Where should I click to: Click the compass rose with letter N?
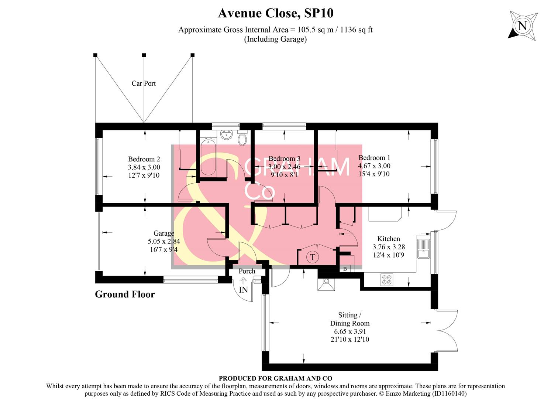(x=522, y=25)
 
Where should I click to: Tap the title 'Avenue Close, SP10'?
(x=275, y=13)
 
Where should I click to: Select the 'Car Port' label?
(x=144, y=83)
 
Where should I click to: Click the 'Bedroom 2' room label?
(x=144, y=159)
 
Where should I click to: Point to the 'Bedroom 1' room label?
(x=374, y=158)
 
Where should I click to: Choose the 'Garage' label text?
(x=163, y=233)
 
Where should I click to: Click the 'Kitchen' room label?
(x=388, y=239)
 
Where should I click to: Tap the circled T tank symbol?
(x=313, y=257)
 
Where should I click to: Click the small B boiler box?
(x=345, y=269)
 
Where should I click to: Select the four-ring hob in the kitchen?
(x=386, y=280)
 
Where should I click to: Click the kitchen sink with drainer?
(x=423, y=249)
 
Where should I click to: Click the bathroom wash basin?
(x=225, y=135)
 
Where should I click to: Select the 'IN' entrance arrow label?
(x=243, y=290)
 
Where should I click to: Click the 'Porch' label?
(x=247, y=271)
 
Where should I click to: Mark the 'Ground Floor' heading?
(x=125, y=294)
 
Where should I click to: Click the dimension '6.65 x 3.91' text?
(x=349, y=331)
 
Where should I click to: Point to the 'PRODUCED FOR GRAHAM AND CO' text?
(x=275, y=378)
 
